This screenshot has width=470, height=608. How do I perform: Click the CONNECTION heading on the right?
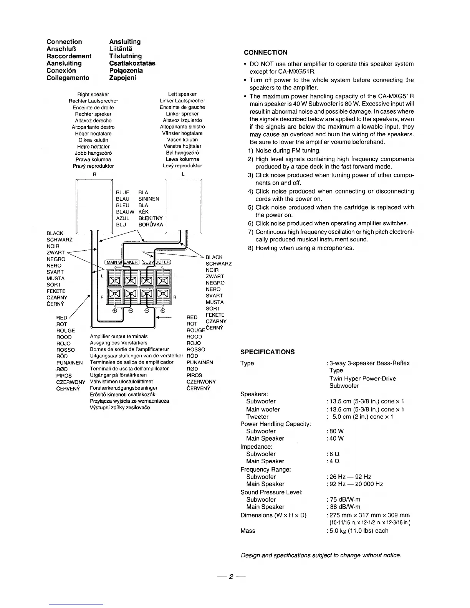(x=265, y=53)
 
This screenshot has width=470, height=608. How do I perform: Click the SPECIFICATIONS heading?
(x=267, y=352)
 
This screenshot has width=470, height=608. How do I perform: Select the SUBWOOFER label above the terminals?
(x=156, y=263)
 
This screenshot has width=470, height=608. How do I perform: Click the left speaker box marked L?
(x=183, y=205)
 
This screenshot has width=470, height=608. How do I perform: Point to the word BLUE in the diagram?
(x=122, y=192)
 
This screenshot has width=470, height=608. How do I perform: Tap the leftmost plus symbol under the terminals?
(x=114, y=311)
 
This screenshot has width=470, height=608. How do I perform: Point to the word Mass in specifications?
(x=248, y=531)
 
